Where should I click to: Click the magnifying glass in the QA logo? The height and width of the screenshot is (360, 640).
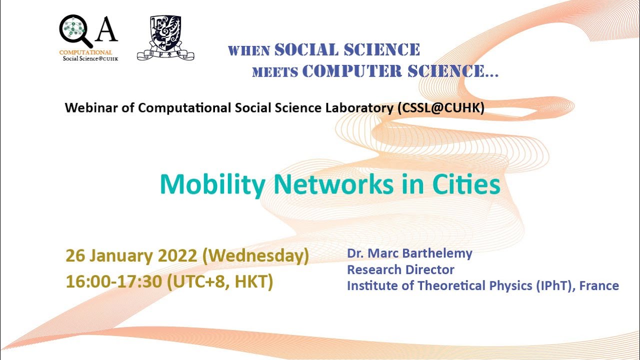tap(74, 30)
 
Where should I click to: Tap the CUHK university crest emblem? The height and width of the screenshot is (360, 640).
tap(165, 37)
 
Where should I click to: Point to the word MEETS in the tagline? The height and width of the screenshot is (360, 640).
tap(275, 72)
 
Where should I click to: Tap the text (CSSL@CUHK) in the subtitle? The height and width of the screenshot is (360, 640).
tap(441, 108)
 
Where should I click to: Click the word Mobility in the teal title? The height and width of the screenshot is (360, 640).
tap(212, 184)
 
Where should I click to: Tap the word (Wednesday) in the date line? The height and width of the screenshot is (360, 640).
tap(255, 256)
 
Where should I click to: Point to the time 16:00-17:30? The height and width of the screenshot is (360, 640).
tap(113, 281)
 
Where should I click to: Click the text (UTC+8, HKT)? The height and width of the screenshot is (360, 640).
tap(220, 281)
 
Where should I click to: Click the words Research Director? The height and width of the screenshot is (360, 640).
tap(400, 270)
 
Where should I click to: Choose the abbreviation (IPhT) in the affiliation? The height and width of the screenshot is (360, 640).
tap(541, 286)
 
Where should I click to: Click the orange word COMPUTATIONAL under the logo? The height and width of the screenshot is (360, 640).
tap(85, 52)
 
